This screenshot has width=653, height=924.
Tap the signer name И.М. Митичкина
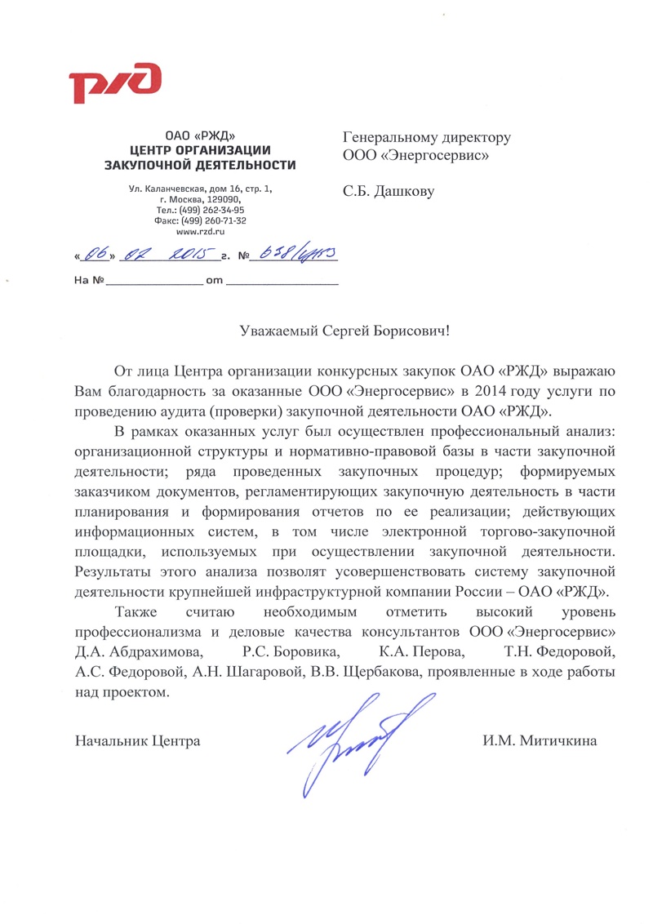(540, 742)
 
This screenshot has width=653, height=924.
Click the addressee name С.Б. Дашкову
(388, 193)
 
